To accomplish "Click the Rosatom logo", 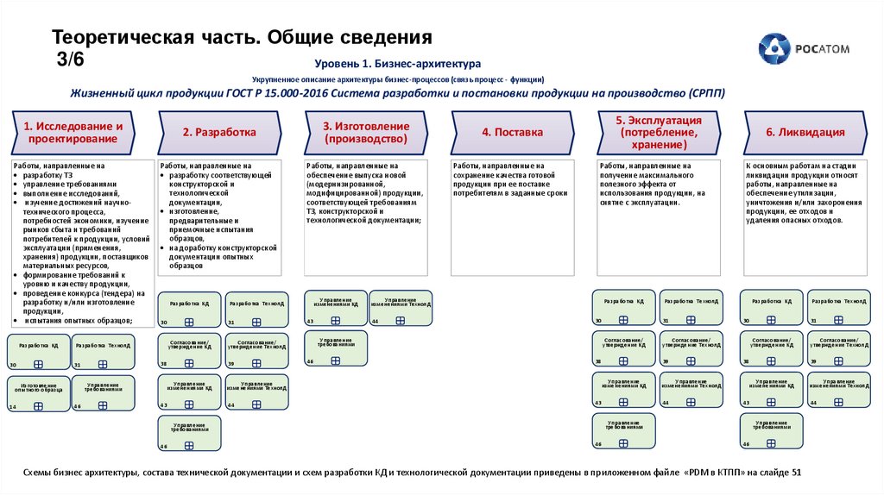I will pyautogui.click(x=798, y=49).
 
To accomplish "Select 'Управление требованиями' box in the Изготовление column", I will pyautogui.click(x=335, y=348).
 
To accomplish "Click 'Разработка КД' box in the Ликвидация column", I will pyautogui.click(x=771, y=307).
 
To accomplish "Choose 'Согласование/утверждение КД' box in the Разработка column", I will pyautogui.click(x=189, y=350).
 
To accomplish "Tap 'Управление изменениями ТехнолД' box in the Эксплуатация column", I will pyautogui.click(x=691, y=389).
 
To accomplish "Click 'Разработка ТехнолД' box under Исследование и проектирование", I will pyautogui.click(x=103, y=350).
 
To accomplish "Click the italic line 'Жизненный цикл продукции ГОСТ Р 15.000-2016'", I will pyautogui.click(x=397, y=93).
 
